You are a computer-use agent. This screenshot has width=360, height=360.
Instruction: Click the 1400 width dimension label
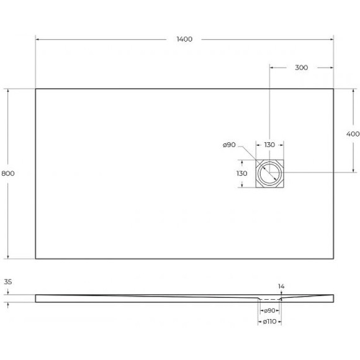coord(184,39)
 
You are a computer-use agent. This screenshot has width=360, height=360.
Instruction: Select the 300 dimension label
coord(302,68)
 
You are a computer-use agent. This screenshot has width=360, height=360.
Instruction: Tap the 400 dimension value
coord(353,134)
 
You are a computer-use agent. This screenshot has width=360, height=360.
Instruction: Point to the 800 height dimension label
coord(8,173)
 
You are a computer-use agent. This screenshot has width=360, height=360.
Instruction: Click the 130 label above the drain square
coord(269,145)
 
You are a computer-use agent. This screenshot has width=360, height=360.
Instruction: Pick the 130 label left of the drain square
coord(242,174)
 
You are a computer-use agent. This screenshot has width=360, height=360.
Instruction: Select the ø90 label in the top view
coord(228,145)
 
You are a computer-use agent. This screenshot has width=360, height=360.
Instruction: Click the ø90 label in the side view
coord(269,310)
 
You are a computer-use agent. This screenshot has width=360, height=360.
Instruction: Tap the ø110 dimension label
coord(269,322)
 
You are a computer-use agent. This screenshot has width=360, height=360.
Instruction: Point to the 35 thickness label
coord(8,282)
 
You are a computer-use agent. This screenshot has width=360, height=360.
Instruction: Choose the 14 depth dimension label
coord(281,286)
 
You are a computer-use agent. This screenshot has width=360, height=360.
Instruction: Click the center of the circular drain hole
coord(269,173)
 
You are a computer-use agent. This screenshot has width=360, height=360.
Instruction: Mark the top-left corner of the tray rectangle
coord(36,89)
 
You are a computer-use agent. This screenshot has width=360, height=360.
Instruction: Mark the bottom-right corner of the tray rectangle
coord(334,258)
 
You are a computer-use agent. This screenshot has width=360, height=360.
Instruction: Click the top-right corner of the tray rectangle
coord(334,89)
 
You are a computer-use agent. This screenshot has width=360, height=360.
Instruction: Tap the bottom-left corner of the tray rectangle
coord(36,258)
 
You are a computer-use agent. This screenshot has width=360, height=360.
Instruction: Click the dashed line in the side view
coord(269,299)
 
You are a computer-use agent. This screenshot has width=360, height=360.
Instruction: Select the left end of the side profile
coord(36,299)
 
